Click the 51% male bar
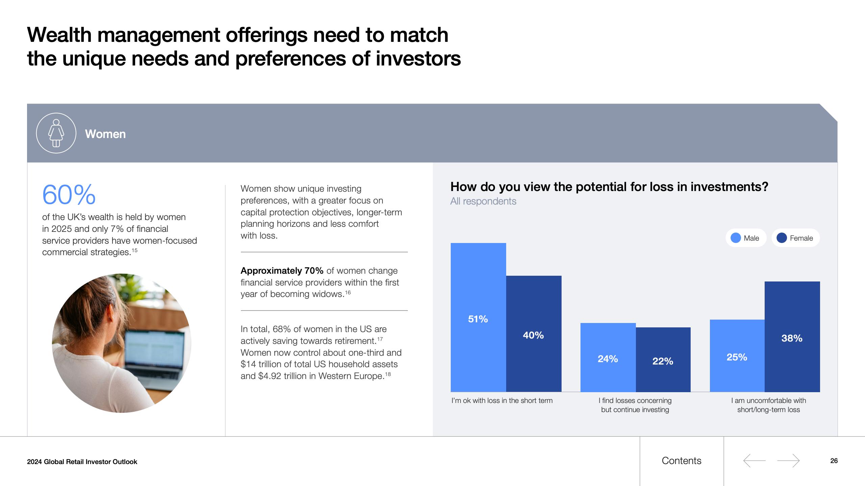tap(478, 317)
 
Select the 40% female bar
tap(534, 334)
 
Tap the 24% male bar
tap(608, 357)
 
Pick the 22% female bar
tap(663, 359)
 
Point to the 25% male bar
tap(737, 356)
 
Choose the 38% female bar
tap(792, 336)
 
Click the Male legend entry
tap(746, 238)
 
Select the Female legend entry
tap(795, 238)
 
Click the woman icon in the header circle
tap(56, 133)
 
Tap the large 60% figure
tap(69, 195)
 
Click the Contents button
tap(682, 461)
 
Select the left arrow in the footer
tap(754, 461)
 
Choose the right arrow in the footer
tap(789, 461)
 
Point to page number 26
tap(834, 461)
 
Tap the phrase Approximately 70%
tap(282, 271)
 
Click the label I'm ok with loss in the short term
tap(502, 401)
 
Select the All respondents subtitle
tap(483, 201)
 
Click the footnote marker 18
tap(388, 374)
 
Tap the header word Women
tap(105, 134)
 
